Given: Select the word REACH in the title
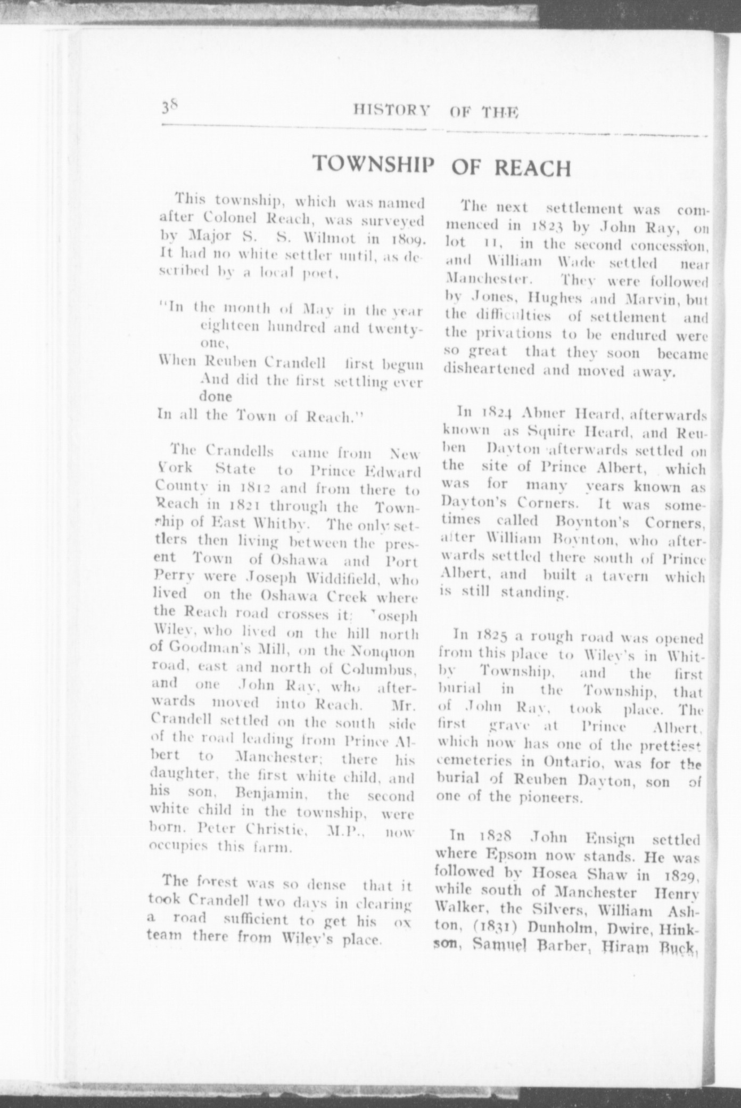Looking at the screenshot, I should coord(532,168).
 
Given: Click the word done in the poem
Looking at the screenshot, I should coord(216,397).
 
